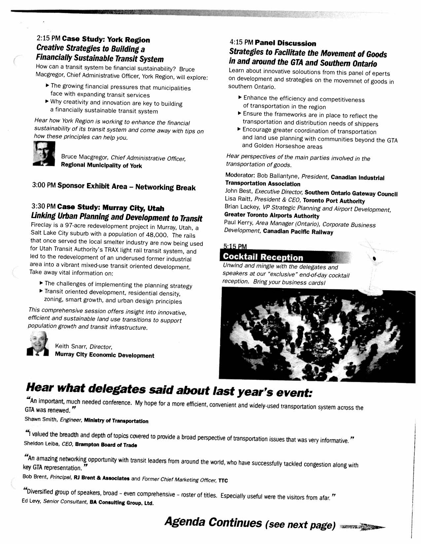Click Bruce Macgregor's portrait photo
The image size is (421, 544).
tap(44, 154)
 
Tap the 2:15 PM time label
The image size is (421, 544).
tap(48, 39)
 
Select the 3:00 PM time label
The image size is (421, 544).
tap(44, 185)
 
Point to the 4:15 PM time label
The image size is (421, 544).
tap(241, 42)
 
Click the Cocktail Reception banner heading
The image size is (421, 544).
tap(263, 257)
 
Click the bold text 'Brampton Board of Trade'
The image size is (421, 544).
tap(106, 445)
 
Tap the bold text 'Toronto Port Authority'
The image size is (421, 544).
tap(333, 201)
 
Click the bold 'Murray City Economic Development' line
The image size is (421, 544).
tap(104, 355)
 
